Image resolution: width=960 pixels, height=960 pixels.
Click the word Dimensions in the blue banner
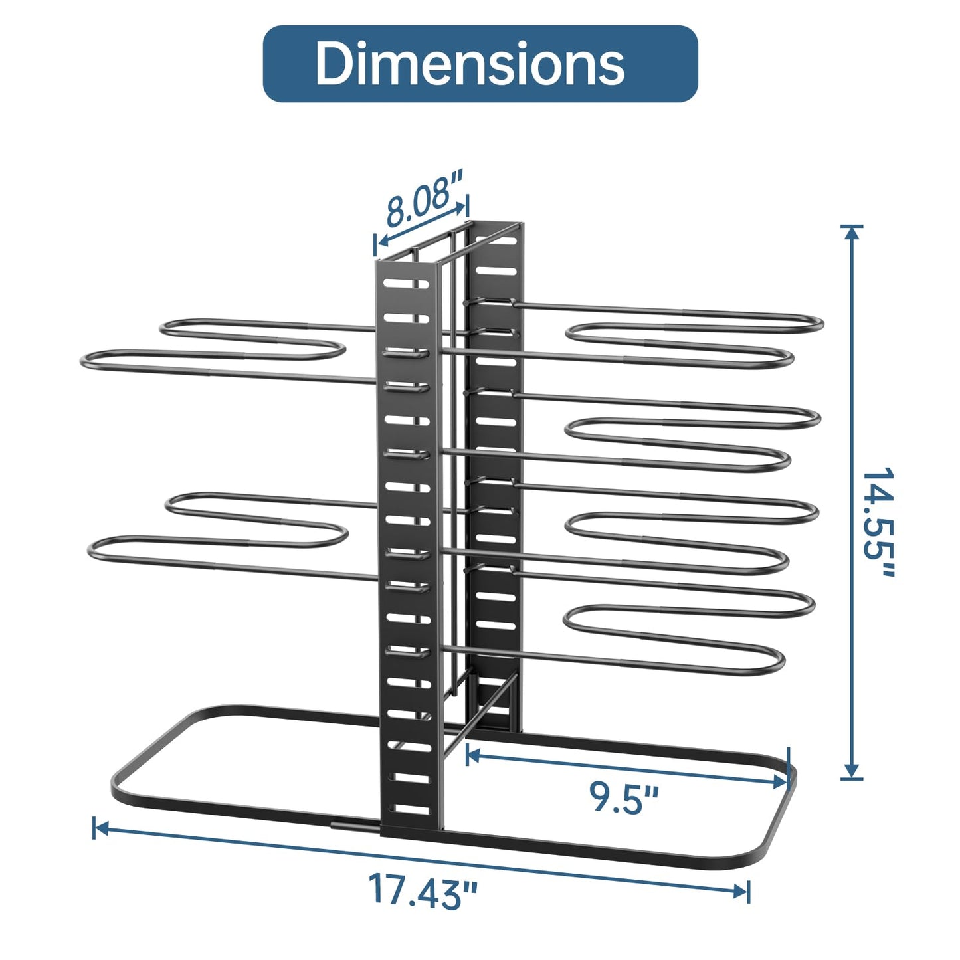470,64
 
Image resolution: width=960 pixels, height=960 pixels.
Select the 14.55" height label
878,523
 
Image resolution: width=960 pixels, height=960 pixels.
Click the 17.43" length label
423,890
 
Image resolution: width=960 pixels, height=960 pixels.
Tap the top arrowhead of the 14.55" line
852,234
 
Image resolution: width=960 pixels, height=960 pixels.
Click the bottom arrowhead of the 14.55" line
852,770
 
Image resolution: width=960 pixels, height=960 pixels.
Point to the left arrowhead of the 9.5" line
474,755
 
